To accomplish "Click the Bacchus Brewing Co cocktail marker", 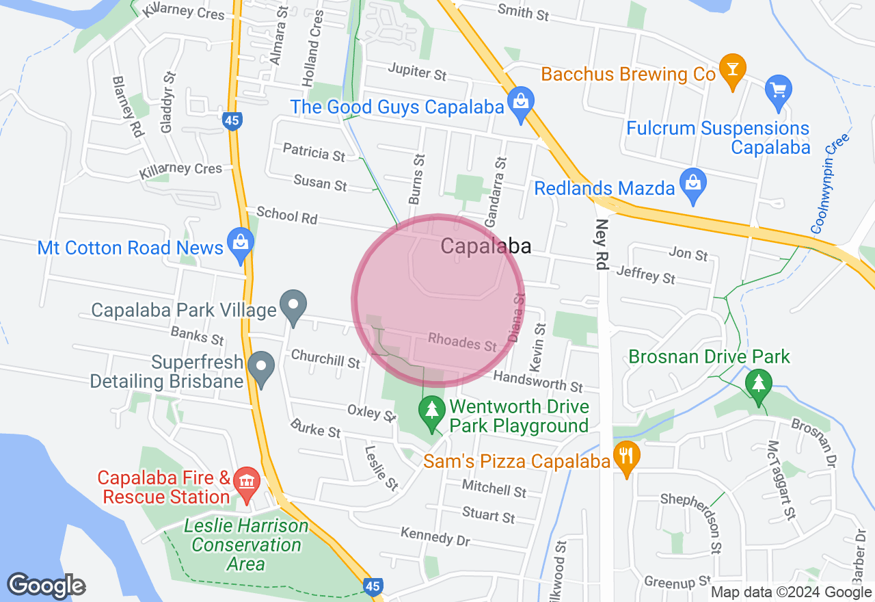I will (732, 70).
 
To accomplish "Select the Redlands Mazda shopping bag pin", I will (693, 185).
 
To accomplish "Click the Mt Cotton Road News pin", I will (241, 245).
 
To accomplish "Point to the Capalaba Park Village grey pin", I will (294, 306).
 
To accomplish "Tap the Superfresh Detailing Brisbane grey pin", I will (260, 369).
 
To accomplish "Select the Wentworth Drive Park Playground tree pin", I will (431, 413).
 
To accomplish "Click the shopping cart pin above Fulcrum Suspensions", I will (779, 92).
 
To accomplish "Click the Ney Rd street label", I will (602, 244).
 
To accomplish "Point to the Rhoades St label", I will (462, 342).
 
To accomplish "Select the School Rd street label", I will (287, 215).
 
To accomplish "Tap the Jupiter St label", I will (417, 70).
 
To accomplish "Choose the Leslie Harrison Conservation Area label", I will (246, 545).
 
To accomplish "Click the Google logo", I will (46, 586).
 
